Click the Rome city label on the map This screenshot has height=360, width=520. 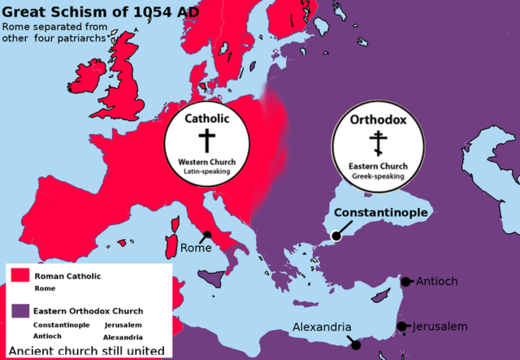click(x=196, y=249)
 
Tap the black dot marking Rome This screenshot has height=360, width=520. click(x=208, y=235)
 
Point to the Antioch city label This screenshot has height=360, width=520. click(x=437, y=282)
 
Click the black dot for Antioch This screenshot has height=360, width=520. click(x=406, y=282)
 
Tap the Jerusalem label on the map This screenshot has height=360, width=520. click(x=440, y=327)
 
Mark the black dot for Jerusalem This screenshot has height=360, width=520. click(x=401, y=327)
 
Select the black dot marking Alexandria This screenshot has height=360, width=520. click(x=356, y=345)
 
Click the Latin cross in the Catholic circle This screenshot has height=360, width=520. click(x=207, y=141)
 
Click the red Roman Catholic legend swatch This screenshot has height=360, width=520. click(x=19, y=276)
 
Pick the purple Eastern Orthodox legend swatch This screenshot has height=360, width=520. click(x=19, y=310)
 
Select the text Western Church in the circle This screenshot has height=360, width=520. click(x=207, y=162)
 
